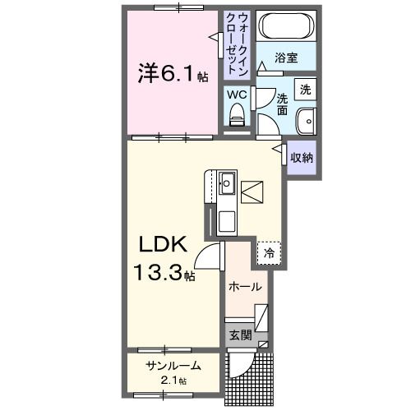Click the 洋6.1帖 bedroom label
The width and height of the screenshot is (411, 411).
pyautogui.click(x=172, y=75)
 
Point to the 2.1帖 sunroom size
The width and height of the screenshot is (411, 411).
pyautogui.click(x=172, y=381)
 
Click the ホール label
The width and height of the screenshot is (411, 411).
pyautogui.click(x=245, y=287)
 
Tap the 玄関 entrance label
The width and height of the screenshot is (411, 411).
pyautogui.click(x=240, y=335)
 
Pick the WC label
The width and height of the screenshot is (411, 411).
pyautogui.click(x=237, y=95)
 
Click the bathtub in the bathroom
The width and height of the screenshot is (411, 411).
pyautogui.click(x=284, y=26)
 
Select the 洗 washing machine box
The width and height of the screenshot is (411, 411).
pyautogui.click(x=305, y=88)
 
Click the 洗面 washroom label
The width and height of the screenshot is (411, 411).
pyautogui.click(x=282, y=103)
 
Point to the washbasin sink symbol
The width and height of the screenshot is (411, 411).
pyautogui.click(x=305, y=119)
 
